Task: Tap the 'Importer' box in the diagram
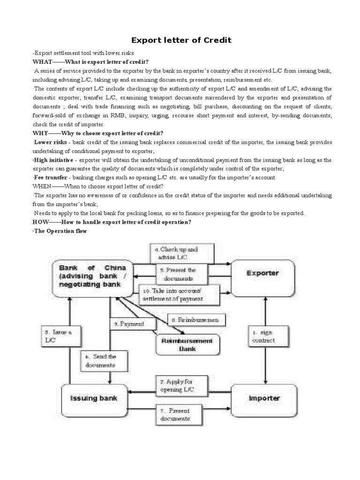pos(264,398)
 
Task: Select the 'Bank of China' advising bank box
pos(93,277)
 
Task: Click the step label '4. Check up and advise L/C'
pos(181,254)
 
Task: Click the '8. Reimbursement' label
pos(196,321)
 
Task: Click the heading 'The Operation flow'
pos(60,231)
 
